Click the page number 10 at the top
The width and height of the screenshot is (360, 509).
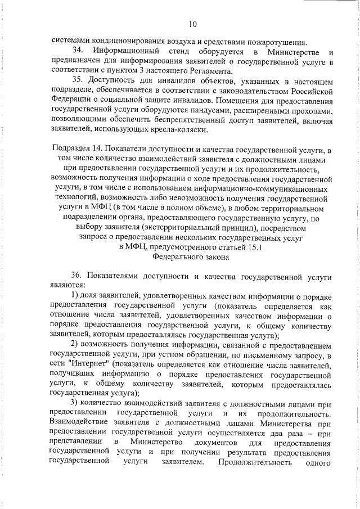[193, 24]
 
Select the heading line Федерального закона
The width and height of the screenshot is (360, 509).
[191, 258]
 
